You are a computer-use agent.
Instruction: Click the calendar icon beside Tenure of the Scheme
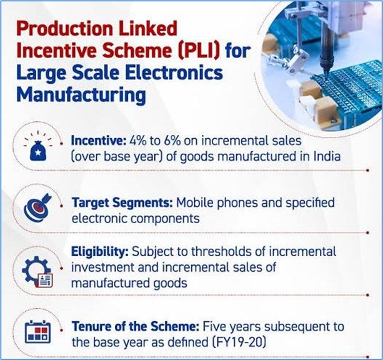tap(38, 331)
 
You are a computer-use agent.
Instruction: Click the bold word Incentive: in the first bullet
tap(99, 141)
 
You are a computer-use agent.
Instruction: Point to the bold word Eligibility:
tap(100, 252)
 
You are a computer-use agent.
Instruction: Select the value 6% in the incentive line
tap(172, 141)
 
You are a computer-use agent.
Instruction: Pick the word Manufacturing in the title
tap(81, 95)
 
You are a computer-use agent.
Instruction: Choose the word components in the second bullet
tap(165, 219)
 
